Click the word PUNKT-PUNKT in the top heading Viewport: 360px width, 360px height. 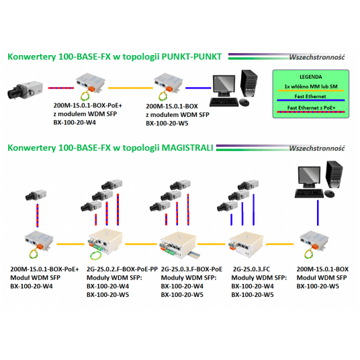tap(191, 56)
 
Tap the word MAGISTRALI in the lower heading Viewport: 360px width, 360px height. tap(187, 148)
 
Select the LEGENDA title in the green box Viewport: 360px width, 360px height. tap(311, 77)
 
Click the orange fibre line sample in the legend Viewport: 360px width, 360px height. tap(311, 91)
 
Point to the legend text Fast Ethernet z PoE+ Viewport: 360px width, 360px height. tap(311, 107)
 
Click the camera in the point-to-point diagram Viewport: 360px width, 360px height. tap(25, 90)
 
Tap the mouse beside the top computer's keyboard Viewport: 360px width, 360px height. tap(244, 102)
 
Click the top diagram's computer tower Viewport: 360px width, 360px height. tap(249, 83)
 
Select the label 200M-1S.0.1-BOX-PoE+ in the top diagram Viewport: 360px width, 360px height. tap(88, 105)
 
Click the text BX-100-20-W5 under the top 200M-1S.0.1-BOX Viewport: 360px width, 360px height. tap(167, 124)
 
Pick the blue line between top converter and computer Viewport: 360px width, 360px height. tap(198, 88)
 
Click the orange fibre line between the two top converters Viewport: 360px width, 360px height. tap(130, 88)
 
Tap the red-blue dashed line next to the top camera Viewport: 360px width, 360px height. tap(61, 88)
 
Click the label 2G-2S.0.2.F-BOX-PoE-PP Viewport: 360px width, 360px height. tap(122, 269)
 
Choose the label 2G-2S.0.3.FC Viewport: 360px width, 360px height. tap(251, 269)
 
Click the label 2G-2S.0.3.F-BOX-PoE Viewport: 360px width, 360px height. tap(191, 269)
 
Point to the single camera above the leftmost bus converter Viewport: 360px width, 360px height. tap(36, 195)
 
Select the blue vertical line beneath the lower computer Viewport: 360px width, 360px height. tap(318, 213)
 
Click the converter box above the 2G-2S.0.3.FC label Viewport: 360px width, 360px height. tap(246, 244)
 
